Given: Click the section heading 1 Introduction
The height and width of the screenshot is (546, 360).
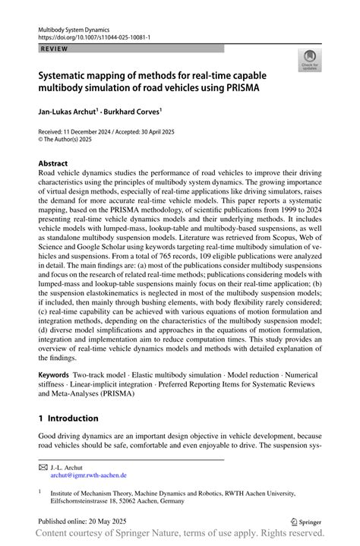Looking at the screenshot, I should point(68,418).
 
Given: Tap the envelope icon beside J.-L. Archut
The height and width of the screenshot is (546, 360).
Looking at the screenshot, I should point(43,467).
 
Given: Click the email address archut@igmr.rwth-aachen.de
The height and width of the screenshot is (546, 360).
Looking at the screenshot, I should point(89,475).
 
